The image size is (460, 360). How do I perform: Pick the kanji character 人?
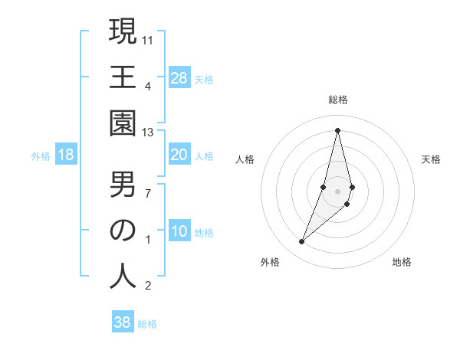pos(123,276)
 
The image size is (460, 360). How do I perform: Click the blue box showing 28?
pos(179,78)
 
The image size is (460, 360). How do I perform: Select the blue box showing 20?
pos(179,155)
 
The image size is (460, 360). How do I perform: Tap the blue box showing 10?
pos(179,231)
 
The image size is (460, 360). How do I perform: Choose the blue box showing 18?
pos(66,155)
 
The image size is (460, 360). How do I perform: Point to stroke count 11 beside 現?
pos(149,39)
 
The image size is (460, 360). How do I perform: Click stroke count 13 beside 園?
pos(149,133)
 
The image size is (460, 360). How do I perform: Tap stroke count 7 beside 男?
pos(149,192)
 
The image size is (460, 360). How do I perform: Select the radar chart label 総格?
pos(338,100)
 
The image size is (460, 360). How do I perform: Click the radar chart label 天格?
pos(432,159)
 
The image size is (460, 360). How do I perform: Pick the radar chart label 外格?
pos(269,262)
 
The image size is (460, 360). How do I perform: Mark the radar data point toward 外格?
pos(302,242)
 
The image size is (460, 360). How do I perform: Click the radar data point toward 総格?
pos(338,129)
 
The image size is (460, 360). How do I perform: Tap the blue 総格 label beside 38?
pos(147,324)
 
